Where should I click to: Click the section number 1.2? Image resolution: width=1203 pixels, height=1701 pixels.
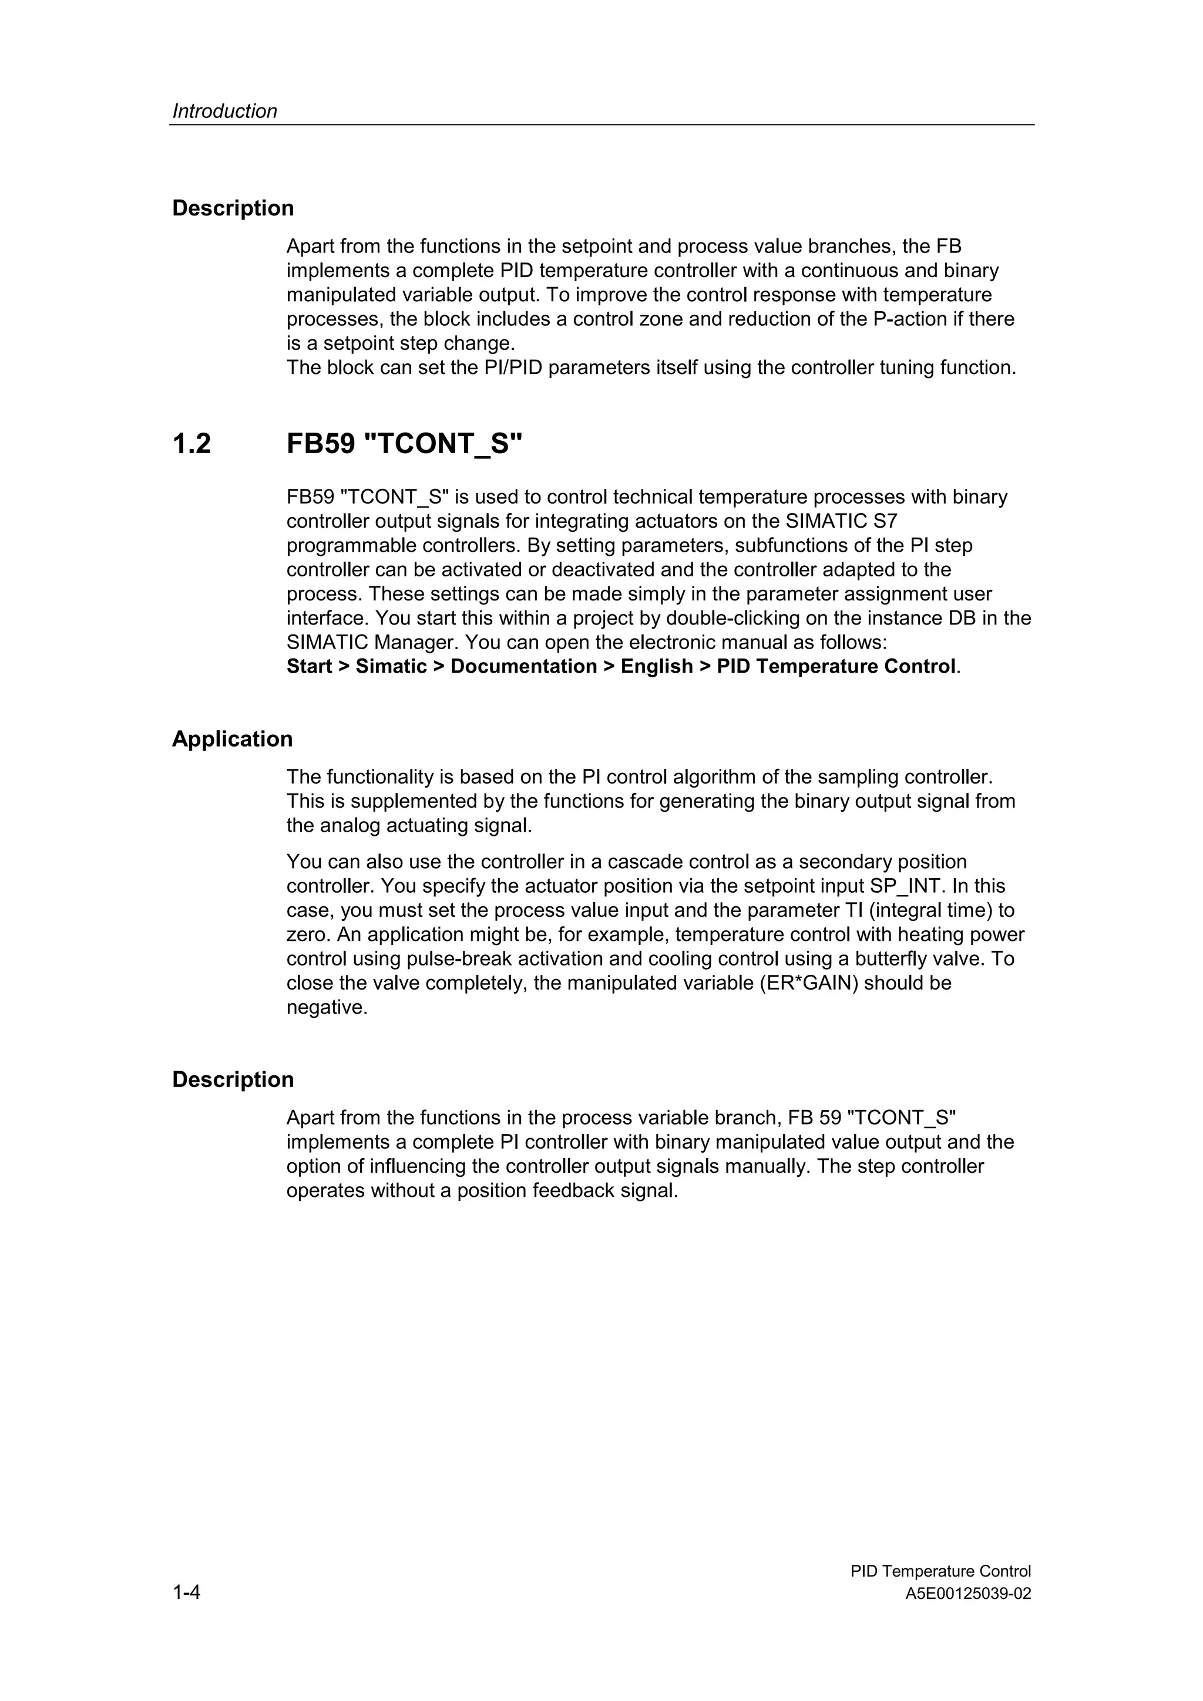(x=192, y=444)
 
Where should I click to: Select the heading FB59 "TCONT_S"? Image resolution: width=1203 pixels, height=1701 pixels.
(x=405, y=444)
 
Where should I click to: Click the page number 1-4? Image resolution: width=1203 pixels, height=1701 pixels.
(x=186, y=1591)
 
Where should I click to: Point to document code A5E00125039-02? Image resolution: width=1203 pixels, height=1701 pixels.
(x=968, y=1594)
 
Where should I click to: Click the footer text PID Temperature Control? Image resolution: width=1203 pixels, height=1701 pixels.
(x=940, y=1571)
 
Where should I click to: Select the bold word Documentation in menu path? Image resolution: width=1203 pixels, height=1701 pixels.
(x=523, y=667)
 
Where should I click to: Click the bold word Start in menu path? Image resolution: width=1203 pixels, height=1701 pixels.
(x=309, y=667)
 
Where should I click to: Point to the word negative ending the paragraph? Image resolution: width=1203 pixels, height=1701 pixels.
(x=327, y=1008)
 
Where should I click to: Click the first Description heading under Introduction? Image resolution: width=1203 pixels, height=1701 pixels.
(x=233, y=208)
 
